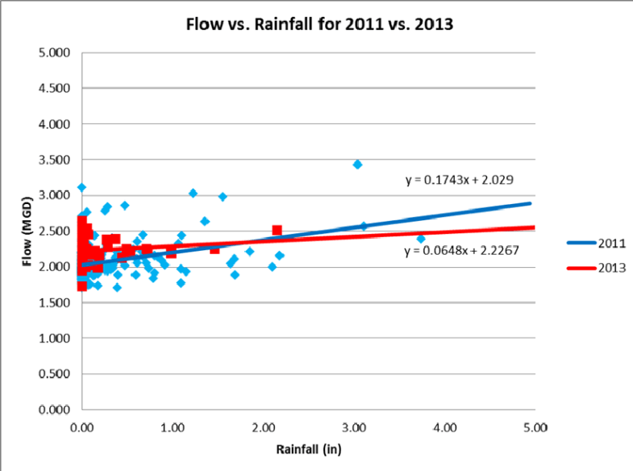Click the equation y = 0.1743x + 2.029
pyautogui.click(x=460, y=180)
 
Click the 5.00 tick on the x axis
pyautogui.click(x=535, y=425)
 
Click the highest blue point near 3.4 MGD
pyautogui.click(x=357, y=165)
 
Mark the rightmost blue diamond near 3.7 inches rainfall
pyautogui.click(x=420, y=239)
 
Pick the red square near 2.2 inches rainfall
pyautogui.click(x=277, y=230)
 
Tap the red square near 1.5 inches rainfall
pyautogui.click(x=214, y=249)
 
